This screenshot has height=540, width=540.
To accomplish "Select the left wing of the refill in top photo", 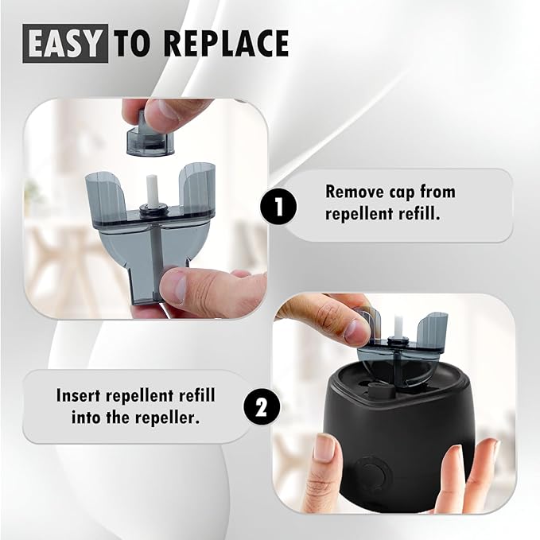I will tap(105, 196).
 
